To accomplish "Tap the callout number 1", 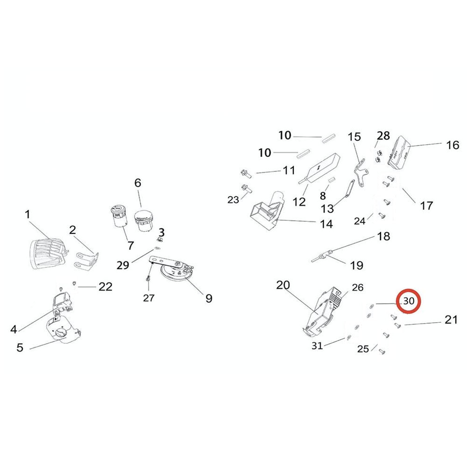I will [28, 215].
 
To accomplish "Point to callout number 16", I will [453, 145].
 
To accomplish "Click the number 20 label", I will [283, 285].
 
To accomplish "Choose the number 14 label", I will [326, 224].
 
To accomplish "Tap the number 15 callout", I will [354, 137].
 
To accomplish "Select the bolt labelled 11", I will [245, 173].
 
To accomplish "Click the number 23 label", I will [233, 200].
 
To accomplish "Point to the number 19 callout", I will [356, 266].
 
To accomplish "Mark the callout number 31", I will [317, 346].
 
